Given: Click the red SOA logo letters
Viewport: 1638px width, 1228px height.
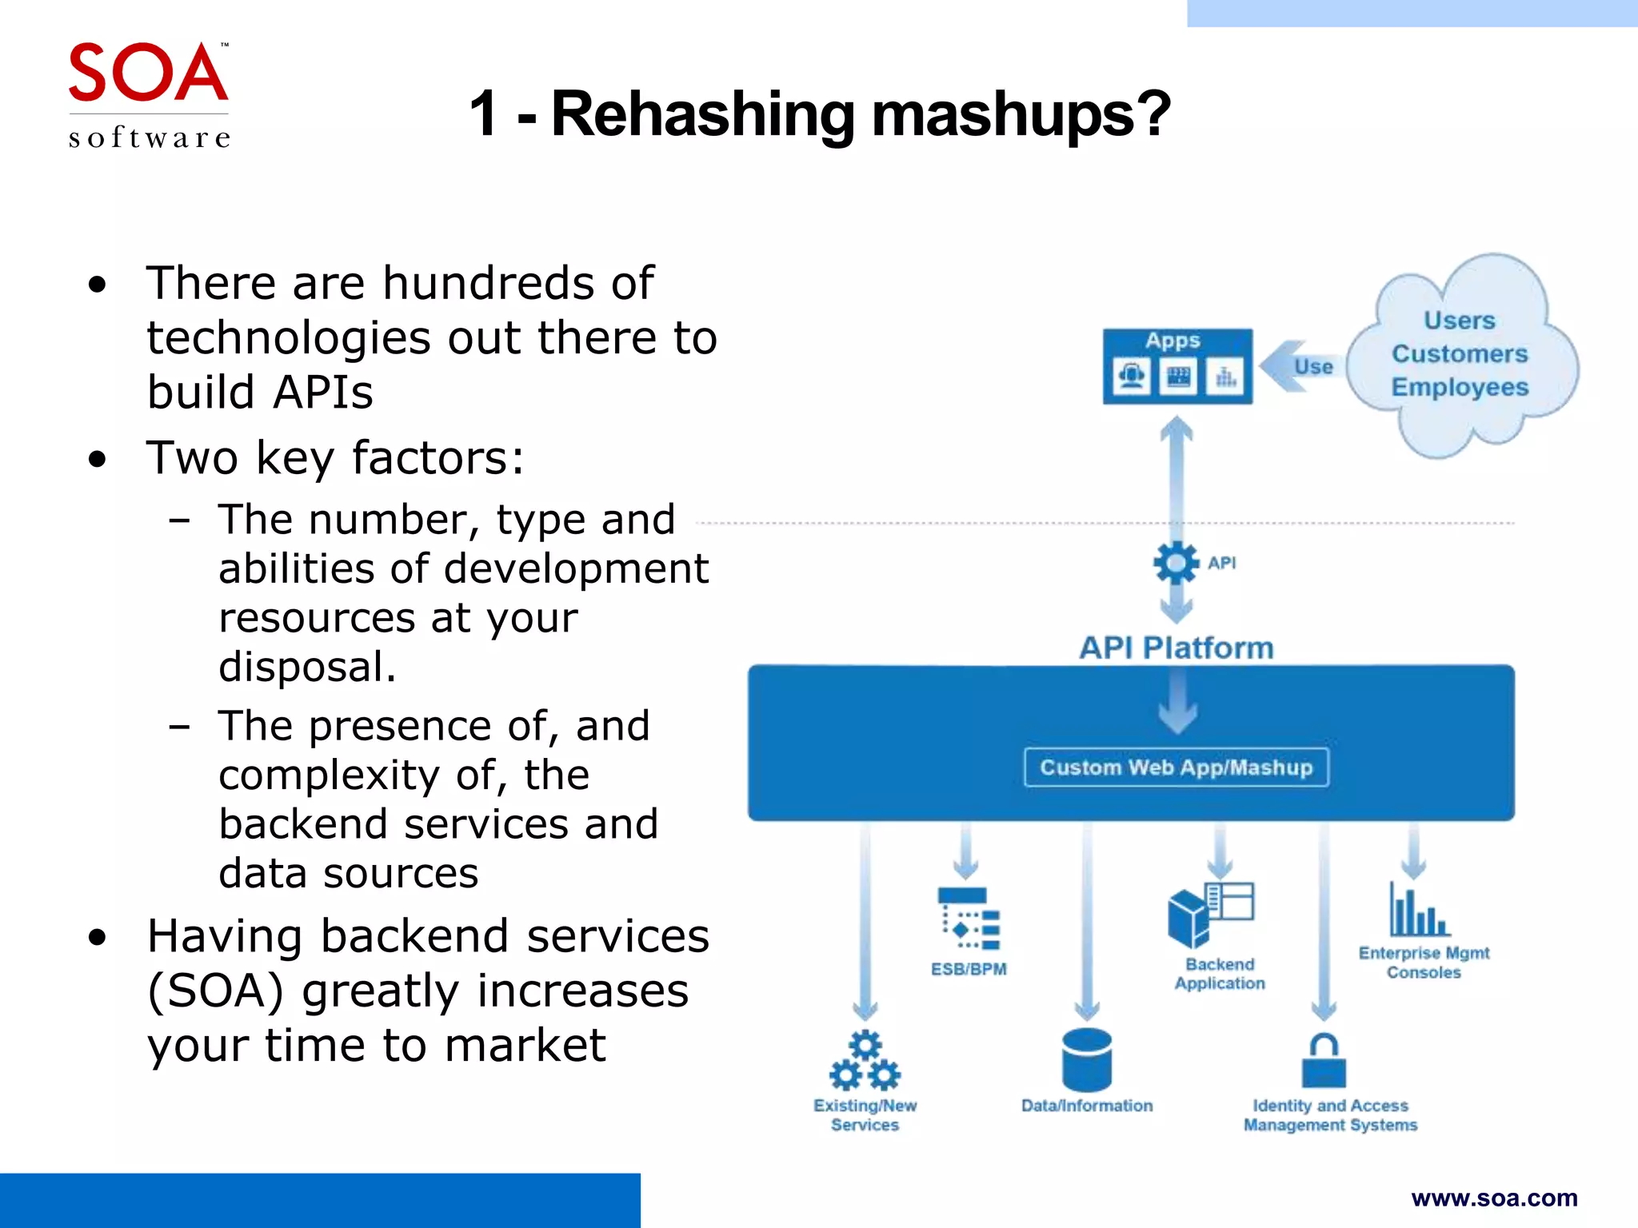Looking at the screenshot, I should [148, 74].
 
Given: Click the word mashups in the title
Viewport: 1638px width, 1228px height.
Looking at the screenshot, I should [1021, 114].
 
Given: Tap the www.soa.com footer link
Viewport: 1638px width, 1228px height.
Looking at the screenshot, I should [1494, 1198].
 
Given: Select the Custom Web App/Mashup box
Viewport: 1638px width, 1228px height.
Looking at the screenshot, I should [1176, 767].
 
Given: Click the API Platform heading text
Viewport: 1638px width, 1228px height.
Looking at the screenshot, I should [1176, 648].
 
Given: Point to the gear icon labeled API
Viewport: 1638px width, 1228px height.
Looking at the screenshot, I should [1176, 563].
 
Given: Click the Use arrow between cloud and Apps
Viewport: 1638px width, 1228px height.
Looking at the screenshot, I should [1300, 367].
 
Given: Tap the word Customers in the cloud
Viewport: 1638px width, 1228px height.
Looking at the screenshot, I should [1460, 353].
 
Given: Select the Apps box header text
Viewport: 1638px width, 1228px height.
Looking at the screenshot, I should [1173, 341].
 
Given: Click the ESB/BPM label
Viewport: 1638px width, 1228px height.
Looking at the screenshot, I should [969, 969].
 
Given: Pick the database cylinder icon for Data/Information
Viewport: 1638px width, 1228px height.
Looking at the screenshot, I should [1086, 1060].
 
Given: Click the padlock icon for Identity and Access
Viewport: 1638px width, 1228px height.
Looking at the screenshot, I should [1324, 1061].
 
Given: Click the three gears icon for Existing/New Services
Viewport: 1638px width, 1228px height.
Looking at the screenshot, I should [865, 1062].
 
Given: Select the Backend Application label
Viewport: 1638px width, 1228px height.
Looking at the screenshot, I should [1220, 974].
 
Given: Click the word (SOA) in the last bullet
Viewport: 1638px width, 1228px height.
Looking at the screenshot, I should [215, 991].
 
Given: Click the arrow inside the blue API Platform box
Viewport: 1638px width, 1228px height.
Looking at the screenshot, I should [1177, 704].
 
